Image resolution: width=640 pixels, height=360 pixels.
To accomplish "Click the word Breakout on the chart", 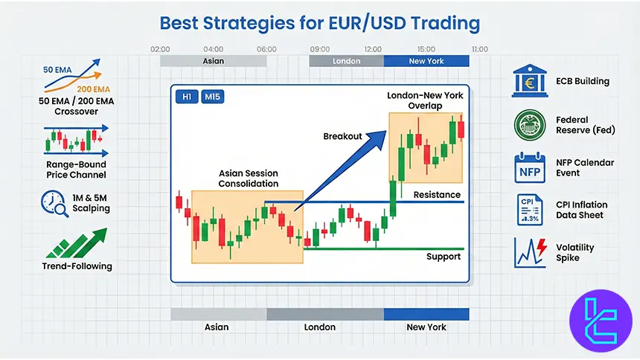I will point(342,136).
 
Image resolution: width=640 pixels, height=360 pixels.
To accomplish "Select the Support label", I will point(443,257).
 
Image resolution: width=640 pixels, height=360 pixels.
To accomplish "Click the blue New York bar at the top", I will point(426,61).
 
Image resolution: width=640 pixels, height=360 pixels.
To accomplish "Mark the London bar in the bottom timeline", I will point(325,314).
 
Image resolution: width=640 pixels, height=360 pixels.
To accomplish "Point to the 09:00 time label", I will point(320,49).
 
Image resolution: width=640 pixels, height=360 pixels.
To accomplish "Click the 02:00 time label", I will point(160,49).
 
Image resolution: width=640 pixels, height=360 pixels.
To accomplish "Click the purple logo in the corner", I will point(599,319).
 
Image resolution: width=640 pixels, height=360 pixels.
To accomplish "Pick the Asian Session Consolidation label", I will point(249,178).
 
